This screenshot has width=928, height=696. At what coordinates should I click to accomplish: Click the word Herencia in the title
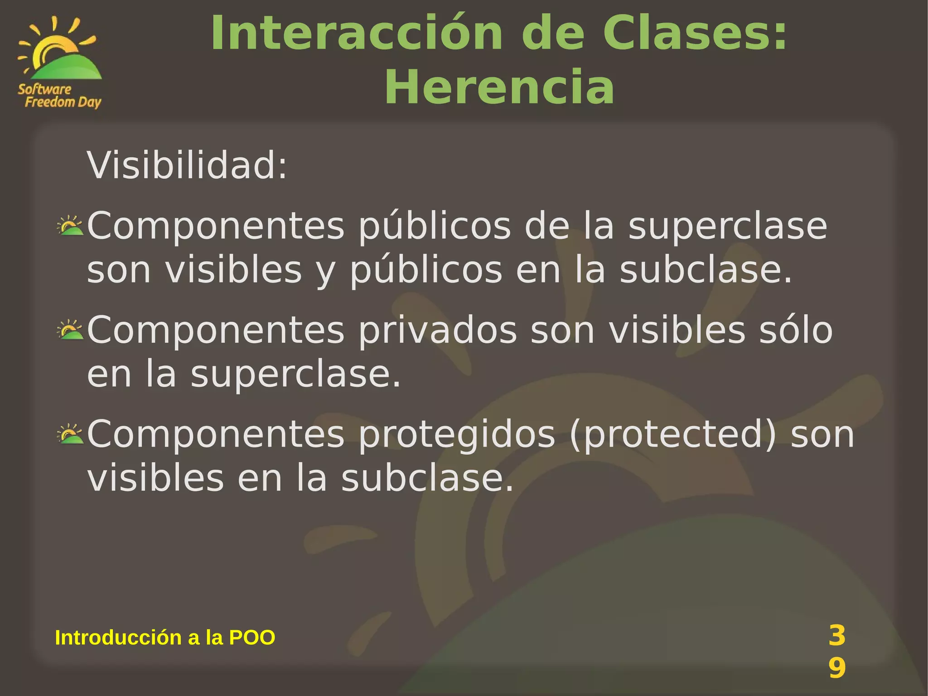pyautogui.click(x=499, y=87)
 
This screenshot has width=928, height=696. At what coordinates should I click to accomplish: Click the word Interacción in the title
pyautogui.click(x=357, y=34)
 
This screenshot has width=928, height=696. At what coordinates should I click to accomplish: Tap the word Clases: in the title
pyautogui.click(x=695, y=34)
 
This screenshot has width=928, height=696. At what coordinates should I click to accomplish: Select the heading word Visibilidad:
pyautogui.click(x=187, y=165)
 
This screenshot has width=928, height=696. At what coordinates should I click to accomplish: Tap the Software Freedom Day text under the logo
pyautogui.click(x=59, y=96)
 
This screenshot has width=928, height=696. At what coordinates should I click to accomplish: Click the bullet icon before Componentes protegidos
pyautogui.click(x=70, y=434)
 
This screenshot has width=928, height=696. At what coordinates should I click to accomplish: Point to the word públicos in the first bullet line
pyautogui.click(x=435, y=227)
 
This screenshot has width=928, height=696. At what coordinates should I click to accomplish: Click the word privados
pyautogui.click(x=438, y=330)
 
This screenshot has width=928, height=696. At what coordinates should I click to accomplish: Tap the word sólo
pyautogui.click(x=796, y=330)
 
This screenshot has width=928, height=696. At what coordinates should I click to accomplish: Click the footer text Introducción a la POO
pyautogui.click(x=165, y=638)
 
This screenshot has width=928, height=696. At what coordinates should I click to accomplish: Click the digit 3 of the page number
pyautogui.click(x=837, y=635)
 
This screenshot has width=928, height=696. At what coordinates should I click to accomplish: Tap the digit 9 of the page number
pyautogui.click(x=837, y=668)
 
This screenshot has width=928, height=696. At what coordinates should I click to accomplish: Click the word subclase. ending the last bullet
pyautogui.click(x=427, y=478)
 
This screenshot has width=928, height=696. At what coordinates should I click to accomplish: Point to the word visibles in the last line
pyautogui.click(x=155, y=478)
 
